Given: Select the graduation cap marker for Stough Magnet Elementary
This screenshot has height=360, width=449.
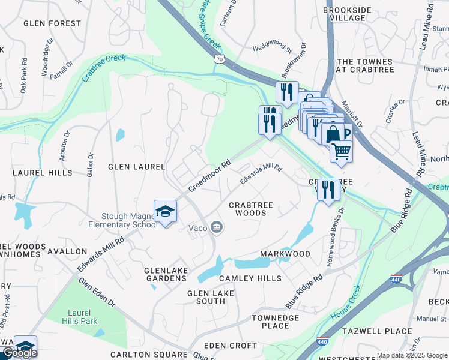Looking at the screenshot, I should click(x=165, y=212).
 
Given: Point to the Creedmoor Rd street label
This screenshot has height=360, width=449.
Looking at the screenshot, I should click(x=209, y=175).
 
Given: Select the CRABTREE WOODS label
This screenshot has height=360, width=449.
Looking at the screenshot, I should click(x=250, y=209).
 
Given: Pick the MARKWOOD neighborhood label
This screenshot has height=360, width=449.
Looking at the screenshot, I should click(x=285, y=254).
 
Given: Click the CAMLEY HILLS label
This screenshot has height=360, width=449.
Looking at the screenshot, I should click(x=250, y=278).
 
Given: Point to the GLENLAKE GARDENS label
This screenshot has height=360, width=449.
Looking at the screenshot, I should click(x=166, y=274).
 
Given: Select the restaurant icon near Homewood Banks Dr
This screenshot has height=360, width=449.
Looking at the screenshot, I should click(x=328, y=190).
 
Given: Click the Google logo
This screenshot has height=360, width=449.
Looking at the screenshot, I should click(x=19, y=353).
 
